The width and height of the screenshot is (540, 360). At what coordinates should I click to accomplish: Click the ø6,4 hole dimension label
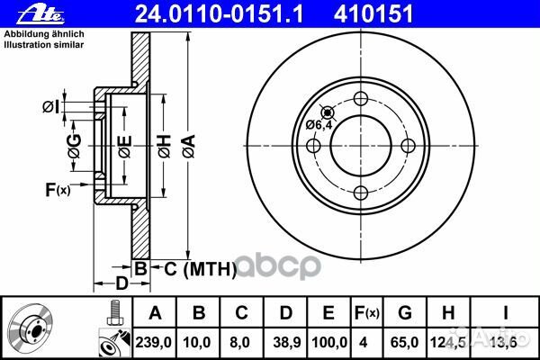click(x=319, y=124)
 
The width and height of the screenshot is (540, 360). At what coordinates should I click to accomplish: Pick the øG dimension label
click(x=76, y=144)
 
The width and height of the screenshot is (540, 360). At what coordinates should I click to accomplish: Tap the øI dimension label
click(x=52, y=107)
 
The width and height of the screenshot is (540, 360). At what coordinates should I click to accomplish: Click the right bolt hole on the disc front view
click(x=407, y=145)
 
